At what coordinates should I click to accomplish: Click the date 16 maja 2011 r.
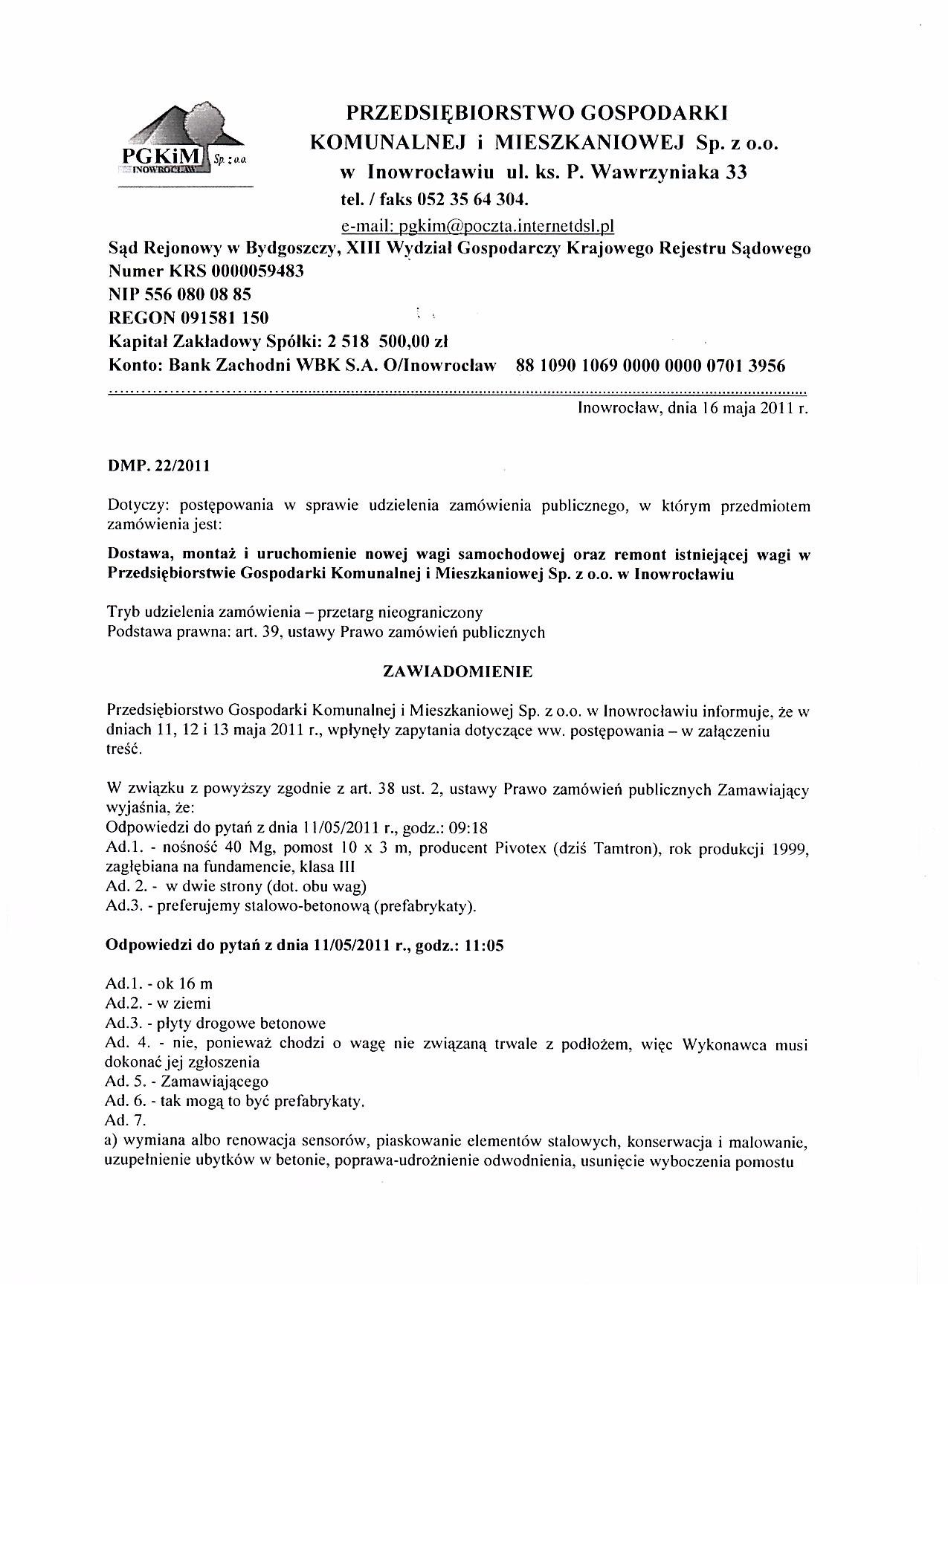(x=750, y=408)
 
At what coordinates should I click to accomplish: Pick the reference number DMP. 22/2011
(x=158, y=467)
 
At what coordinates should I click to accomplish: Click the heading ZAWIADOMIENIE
(x=457, y=671)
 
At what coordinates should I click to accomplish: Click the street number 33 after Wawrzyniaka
(x=736, y=172)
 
